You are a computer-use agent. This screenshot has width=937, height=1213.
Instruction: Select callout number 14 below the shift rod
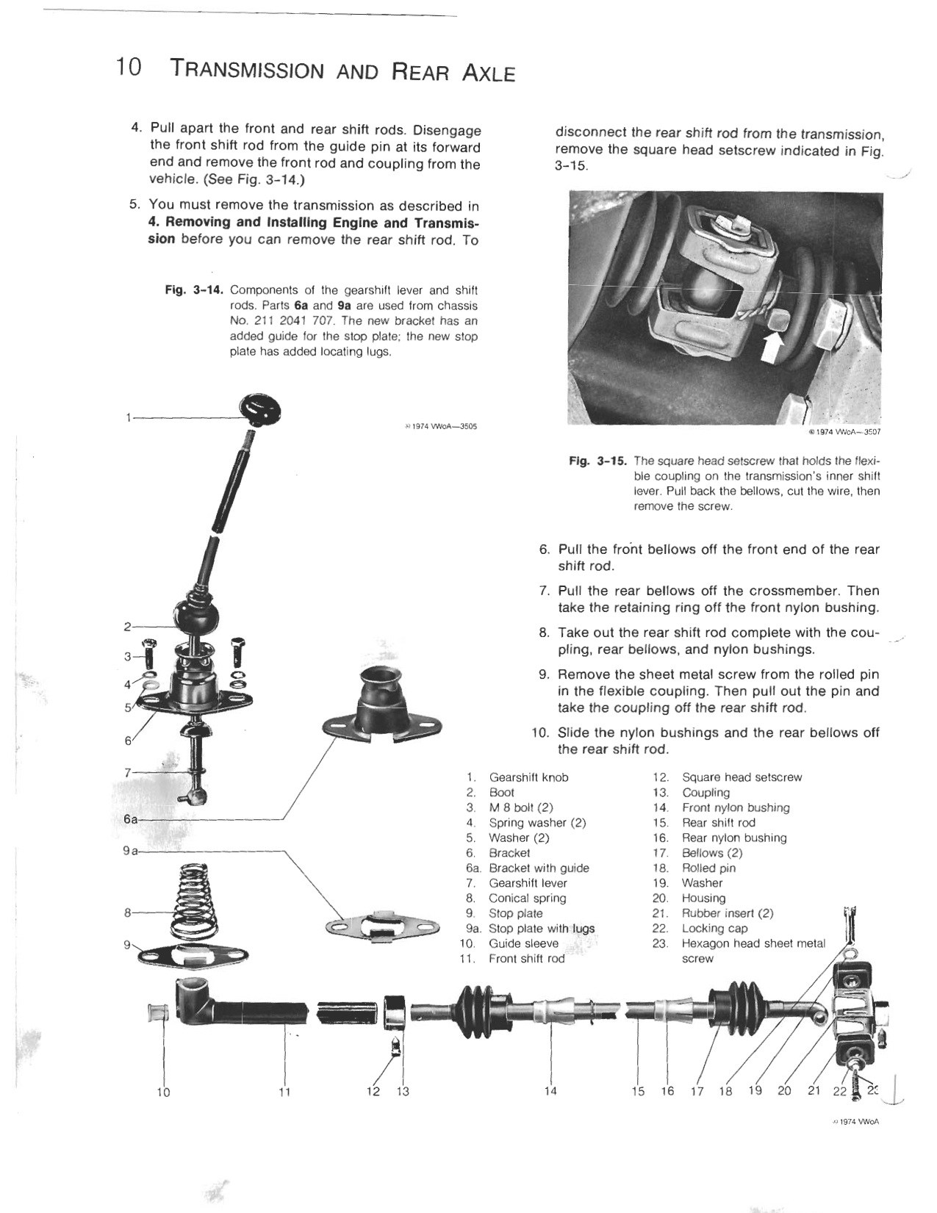550,1091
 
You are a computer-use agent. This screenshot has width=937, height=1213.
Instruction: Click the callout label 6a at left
130,818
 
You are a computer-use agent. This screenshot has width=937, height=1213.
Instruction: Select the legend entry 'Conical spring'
527,898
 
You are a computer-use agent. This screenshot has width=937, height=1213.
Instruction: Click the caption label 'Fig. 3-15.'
598,461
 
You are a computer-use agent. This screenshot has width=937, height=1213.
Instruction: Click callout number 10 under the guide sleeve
163,1092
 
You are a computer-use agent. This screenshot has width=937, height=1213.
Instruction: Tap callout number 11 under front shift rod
285,1092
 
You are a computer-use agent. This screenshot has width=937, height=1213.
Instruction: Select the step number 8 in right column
544,633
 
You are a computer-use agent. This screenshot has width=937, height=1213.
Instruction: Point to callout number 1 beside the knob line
128,418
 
